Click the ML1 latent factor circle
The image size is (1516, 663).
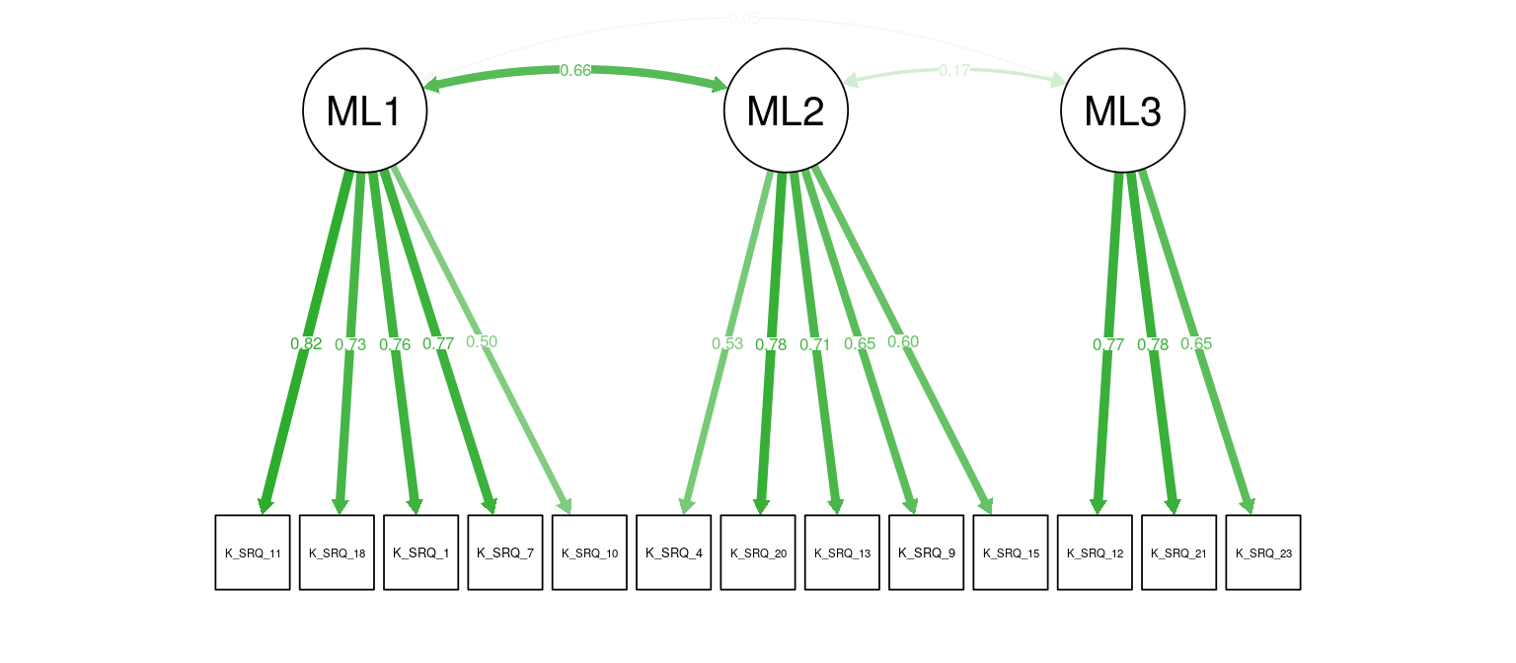[364, 110]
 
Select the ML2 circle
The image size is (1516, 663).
[787, 110]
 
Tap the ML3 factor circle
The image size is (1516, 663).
[1122, 110]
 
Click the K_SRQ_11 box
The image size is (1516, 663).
[253, 552]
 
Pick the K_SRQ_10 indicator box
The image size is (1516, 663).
[589, 552]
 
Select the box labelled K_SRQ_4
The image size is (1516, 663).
[673, 552]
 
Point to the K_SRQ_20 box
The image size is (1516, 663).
[758, 552]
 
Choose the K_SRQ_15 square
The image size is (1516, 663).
[1011, 552]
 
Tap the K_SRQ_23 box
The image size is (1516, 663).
[1263, 552]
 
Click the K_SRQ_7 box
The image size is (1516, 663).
[505, 552]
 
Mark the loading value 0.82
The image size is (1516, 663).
[306, 343]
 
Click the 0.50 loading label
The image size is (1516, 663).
[482, 341]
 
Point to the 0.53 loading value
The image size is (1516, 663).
[727, 343]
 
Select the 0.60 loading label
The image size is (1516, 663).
[903, 341]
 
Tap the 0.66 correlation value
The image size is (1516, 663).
[575, 70]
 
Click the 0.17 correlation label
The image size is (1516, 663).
[954, 70]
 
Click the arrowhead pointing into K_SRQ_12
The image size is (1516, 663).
[1097, 506]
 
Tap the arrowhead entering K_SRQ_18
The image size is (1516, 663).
[339, 506]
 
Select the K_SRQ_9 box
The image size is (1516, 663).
[926, 552]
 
